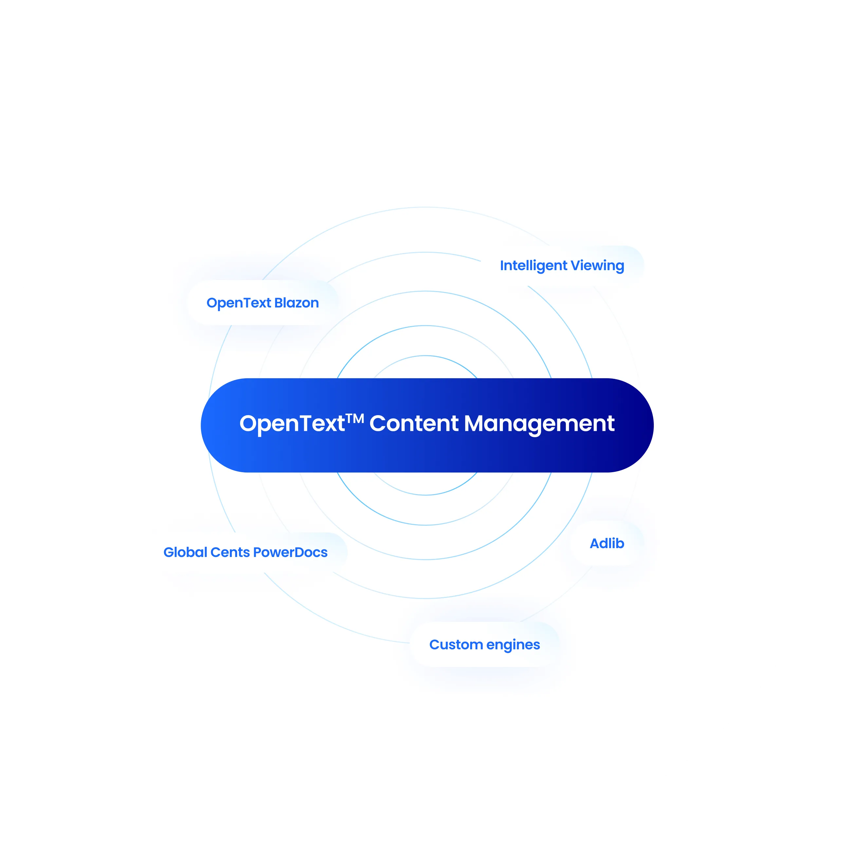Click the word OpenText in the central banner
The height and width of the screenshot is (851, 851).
[x=292, y=424]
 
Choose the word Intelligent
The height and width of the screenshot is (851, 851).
[x=533, y=266]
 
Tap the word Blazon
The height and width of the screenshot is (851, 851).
[x=296, y=303]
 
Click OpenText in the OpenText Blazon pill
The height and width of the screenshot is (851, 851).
[x=239, y=304]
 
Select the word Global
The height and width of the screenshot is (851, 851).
[x=185, y=552]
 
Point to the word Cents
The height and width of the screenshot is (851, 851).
[x=230, y=552]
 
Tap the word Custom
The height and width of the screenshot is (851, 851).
[x=456, y=644]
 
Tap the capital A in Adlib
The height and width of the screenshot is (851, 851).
[x=595, y=544]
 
